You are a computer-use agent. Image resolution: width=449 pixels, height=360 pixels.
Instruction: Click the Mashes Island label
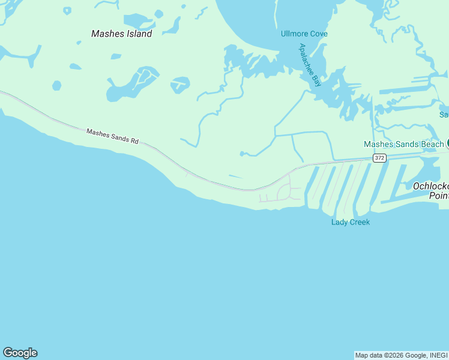[121, 34]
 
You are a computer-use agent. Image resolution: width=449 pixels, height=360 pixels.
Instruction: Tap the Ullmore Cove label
[304, 34]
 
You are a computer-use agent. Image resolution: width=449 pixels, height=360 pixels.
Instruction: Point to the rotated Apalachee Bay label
[311, 65]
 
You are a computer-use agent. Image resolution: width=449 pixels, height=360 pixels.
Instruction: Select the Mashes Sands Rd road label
[112, 136]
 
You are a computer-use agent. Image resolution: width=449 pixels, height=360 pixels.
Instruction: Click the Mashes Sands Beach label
[403, 144]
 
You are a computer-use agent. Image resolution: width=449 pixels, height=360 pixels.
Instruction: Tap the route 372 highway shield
[379, 158]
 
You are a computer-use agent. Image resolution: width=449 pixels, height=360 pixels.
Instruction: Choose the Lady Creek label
[351, 222]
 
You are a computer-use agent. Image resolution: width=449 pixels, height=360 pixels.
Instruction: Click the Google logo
[20, 353]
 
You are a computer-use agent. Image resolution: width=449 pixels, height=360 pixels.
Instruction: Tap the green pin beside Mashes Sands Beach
[448, 143]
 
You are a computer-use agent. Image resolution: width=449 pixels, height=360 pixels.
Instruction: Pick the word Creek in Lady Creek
[360, 222]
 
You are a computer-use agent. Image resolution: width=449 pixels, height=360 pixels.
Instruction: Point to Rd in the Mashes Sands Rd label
[134, 141]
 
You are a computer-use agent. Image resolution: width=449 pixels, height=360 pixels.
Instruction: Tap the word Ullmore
[294, 34]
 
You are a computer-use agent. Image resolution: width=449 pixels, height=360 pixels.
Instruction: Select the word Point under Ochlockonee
[439, 196]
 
